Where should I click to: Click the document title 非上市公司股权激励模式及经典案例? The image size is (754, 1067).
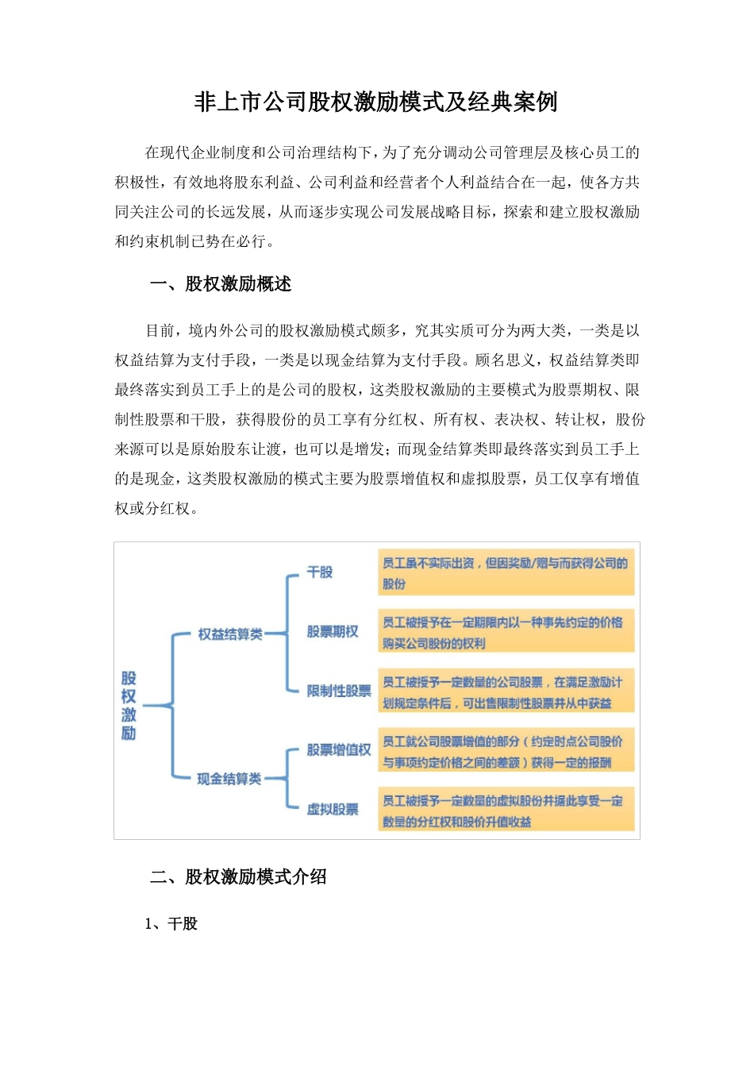tap(376, 102)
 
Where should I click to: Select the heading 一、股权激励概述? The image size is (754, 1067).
tap(221, 284)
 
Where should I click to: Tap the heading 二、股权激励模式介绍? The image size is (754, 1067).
tap(238, 877)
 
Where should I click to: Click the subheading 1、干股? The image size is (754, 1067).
tap(171, 924)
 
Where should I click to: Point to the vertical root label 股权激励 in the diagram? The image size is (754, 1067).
tap(129, 706)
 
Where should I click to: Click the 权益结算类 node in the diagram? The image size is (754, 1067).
tap(230, 634)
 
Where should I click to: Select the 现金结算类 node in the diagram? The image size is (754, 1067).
tap(229, 779)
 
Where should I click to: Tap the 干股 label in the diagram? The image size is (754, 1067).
tap(320, 572)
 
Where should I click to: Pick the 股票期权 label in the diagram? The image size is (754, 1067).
tap(333, 632)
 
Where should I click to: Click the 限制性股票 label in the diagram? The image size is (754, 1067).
tap(339, 691)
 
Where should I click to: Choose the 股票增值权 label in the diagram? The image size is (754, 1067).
tap(339, 750)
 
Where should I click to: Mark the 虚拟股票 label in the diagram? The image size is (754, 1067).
tap(333, 810)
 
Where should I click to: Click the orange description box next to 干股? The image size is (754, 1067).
tap(506, 573)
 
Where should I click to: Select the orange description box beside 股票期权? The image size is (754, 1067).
tap(506, 633)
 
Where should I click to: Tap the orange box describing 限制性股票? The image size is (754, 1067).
tap(506, 692)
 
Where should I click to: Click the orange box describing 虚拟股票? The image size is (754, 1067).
tap(506, 811)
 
